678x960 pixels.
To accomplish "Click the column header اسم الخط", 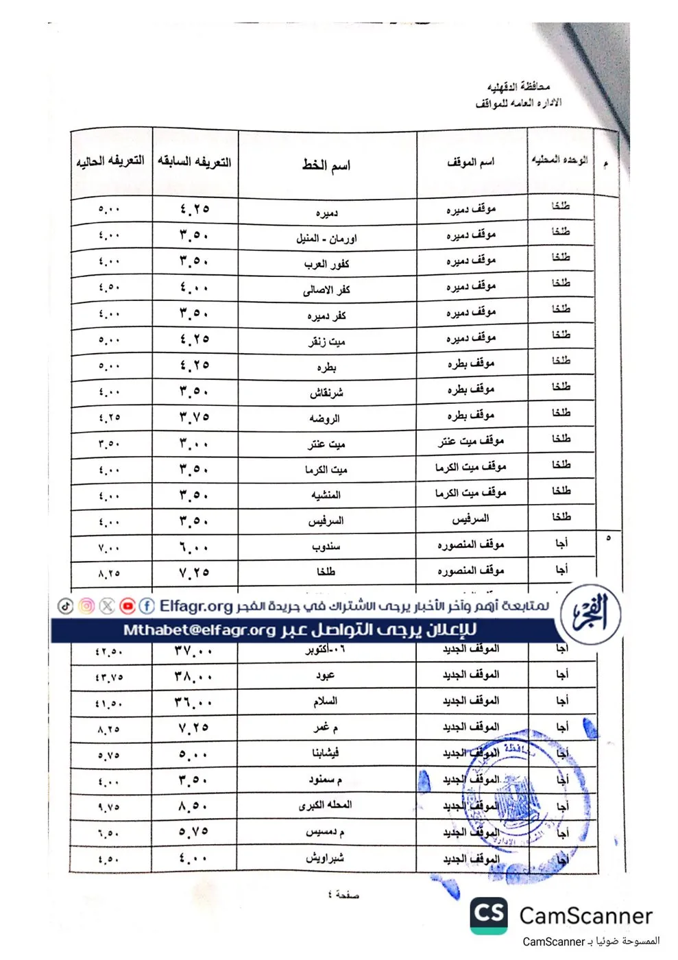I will (x=326, y=165).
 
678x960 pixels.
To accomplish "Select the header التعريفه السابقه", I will (x=194, y=162).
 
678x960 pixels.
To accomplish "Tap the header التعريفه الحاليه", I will (x=110, y=161).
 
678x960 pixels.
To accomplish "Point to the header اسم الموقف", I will (x=470, y=163).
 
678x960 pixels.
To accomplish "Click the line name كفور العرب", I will (x=326, y=263).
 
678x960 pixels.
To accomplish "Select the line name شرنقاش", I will (x=326, y=393).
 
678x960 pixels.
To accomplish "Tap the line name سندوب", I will (x=326, y=547).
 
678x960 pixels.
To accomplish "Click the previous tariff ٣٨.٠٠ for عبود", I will (x=193, y=676).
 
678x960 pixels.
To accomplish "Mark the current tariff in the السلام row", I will (x=109, y=703).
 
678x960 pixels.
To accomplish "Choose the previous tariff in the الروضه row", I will (x=194, y=418).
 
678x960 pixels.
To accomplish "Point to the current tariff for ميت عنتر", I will (x=109, y=444).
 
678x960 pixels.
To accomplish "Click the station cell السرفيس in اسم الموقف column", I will (x=470, y=519).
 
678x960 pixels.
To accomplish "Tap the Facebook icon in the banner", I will (x=147, y=606).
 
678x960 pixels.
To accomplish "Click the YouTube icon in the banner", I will (x=128, y=606).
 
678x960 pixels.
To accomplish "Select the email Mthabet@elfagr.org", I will (x=199, y=630).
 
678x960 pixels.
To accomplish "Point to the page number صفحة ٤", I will (x=343, y=895).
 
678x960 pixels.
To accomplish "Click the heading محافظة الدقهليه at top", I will (x=518, y=87).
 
